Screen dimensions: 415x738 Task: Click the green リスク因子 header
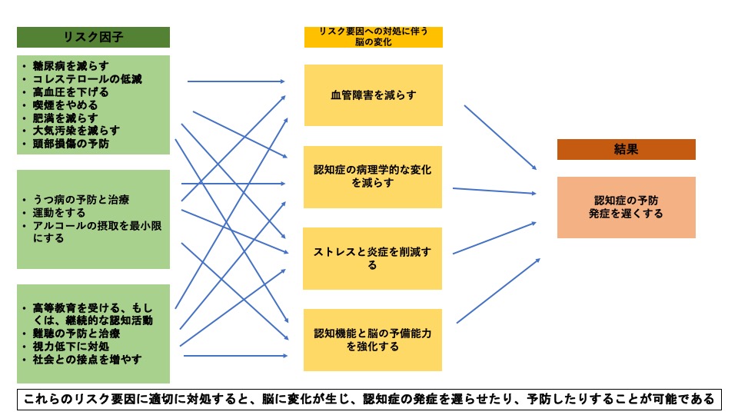(x=93, y=37)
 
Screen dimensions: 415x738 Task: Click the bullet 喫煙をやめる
(x=65, y=105)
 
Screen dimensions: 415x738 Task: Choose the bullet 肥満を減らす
(x=65, y=118)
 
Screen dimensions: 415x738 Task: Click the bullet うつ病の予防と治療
(x=81, y=200)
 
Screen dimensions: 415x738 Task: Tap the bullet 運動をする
(x=59, y=213)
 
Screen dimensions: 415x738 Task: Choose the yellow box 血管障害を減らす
(x=373, y=95)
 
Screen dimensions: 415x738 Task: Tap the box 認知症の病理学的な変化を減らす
(x=373, y=177)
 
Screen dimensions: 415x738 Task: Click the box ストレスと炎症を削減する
(x=373, y=258)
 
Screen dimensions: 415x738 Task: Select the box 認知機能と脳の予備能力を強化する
(x=373, y=340)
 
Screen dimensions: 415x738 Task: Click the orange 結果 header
(x=626, y=149)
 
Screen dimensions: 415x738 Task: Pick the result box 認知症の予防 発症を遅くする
(x=626, y=207)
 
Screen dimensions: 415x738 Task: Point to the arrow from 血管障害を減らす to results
(x=500, y=138)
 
